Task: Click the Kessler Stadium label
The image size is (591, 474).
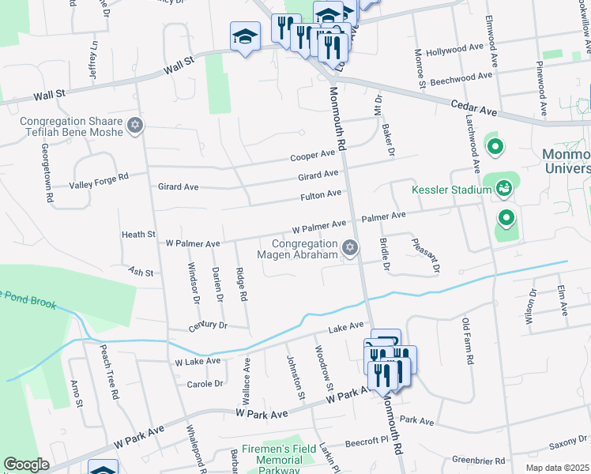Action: (450, 190)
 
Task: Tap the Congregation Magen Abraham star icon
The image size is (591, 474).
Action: (350, 249)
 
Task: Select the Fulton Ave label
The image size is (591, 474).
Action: (320, 194)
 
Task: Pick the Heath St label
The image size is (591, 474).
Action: (138, 235)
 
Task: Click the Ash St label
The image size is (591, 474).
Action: (140, 272)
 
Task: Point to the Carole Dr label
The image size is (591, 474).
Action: (205, 383)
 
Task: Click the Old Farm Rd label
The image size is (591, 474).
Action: (468, 340)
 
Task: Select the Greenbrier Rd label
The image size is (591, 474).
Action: (478, 460)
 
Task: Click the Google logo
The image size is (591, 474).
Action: (26, 465)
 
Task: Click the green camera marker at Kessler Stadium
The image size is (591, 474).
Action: (503, 188)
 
